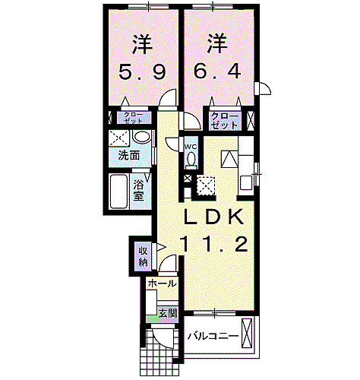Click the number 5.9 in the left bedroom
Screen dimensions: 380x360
tap(141, 74)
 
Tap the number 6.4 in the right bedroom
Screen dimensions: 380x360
tap(218, 74)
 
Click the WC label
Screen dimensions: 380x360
tap(191, 145)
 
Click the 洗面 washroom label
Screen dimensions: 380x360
tap(129, 156)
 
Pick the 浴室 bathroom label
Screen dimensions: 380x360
tap(139, 189)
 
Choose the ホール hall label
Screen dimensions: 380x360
tap(161, 283)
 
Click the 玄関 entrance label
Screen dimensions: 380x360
tap(167, 312)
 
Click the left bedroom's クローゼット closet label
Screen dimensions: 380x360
tap(133, 118)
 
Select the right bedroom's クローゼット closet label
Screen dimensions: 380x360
tap(225, 120)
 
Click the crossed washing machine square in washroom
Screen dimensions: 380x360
tap(117, 138)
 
